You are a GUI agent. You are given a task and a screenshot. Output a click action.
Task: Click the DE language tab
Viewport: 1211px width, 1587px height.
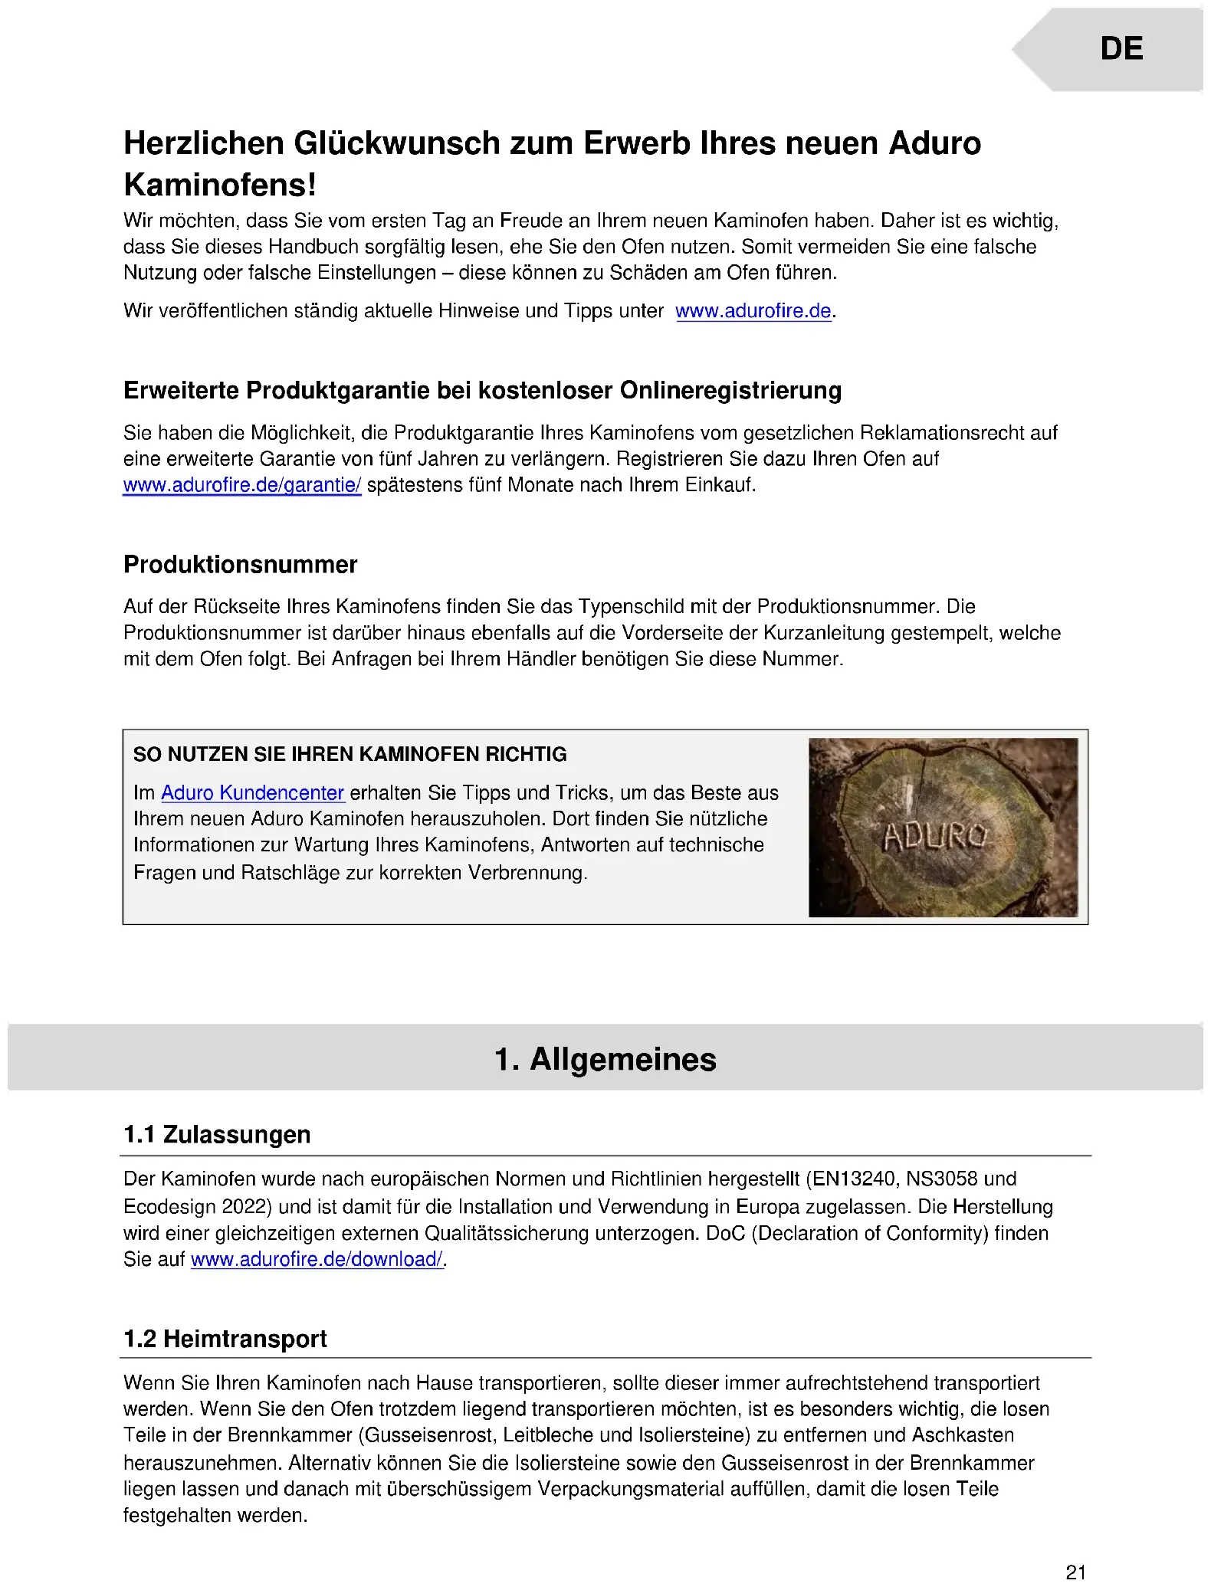tap(1121, 49)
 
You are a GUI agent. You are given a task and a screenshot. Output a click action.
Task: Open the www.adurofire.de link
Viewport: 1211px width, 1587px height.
tap(753, 311)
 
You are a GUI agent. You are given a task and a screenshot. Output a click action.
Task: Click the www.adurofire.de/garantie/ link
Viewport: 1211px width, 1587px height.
tap(241, 485)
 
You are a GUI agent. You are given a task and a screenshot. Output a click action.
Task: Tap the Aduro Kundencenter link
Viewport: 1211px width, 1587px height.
tap(252, 792)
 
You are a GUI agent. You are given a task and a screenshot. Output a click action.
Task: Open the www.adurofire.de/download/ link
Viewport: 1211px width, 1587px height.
tap(317, 1259)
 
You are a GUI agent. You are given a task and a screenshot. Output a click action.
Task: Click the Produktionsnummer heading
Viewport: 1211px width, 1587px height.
tap(240, 565)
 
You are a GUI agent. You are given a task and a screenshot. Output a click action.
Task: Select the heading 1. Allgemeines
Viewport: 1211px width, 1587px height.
tap(605, 1059)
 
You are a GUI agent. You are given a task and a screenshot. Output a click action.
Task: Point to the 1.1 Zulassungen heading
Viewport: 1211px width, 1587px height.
tap(217, 1134)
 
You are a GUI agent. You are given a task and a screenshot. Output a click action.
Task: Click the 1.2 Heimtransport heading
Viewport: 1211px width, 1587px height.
tap(225, 1338)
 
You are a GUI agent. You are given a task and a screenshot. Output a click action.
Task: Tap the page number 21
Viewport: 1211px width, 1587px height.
tap(1075, 1572)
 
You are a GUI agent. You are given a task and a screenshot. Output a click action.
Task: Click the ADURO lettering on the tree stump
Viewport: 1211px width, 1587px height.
tap(936, 837)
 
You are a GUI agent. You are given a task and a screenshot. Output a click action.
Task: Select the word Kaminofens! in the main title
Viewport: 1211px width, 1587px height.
tap(220, 185)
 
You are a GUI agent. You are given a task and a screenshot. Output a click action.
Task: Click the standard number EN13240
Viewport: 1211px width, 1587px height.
tap(851, 1179)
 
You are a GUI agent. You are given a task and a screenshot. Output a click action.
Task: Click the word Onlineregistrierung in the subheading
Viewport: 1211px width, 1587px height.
tap(730, 391)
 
